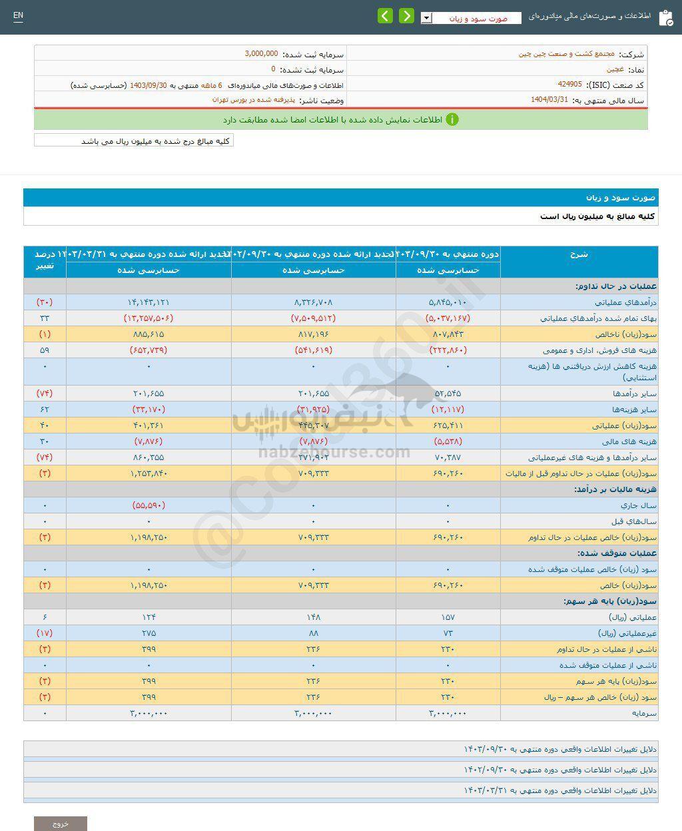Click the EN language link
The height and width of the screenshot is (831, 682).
[18, 15]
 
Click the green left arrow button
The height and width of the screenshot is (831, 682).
[385, 16]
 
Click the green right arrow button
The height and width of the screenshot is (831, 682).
[406, 16]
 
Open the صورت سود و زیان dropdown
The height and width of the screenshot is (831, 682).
[471, 19]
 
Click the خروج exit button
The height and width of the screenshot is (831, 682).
[61, 824]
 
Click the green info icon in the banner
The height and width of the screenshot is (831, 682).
[452, 120]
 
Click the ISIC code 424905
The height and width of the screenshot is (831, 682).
[570, 85]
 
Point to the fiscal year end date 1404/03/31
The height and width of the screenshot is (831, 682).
[549, 100]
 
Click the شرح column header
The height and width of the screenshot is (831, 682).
[579, 254]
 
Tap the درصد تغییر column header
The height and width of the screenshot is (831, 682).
[45, 261]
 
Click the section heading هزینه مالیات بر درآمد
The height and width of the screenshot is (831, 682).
[616, 489]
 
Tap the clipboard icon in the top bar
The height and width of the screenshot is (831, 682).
[665, 17]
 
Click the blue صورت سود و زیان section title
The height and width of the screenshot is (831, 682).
[621, 198]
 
